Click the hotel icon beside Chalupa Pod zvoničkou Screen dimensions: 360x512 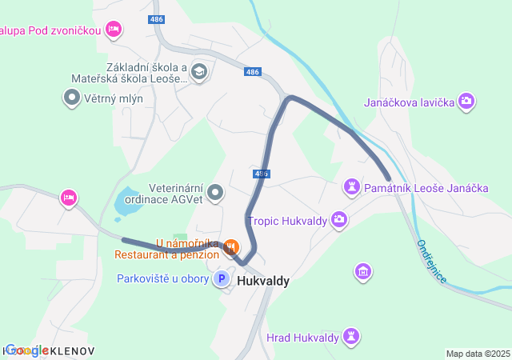(114, 30)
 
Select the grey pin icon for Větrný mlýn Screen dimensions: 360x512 (71, 98)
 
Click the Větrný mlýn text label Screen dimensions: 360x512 (110, 98)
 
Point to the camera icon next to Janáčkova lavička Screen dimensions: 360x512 (466, 102)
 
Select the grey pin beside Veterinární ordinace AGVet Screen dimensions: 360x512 (215, 193)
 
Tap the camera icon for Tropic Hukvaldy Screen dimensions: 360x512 (339, 219)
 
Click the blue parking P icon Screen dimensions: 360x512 (220, 279)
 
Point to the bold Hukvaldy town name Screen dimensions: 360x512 (263, 281)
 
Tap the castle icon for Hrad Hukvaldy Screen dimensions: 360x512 (350, 335)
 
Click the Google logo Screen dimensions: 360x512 (26, 350)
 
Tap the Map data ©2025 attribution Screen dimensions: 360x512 (478, 354)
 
